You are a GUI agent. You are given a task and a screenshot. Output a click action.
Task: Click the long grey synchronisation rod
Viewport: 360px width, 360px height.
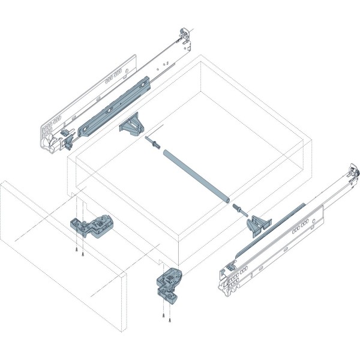192,174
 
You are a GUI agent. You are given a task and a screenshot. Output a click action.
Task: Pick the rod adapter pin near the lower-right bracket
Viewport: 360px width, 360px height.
239,208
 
